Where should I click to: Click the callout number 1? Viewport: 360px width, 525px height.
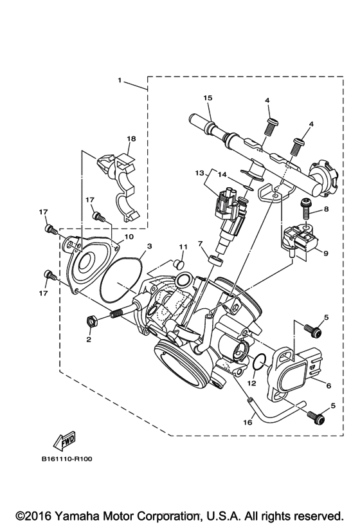pyautogui.click(x=119, y=81)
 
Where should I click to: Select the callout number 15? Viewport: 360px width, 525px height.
pyautogui.click(x=208, y=98)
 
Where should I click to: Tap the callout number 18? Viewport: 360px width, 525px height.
pyautogui.click(x=131, y=139)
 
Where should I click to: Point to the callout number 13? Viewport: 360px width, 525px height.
pyautogui.click(x=199, y=173)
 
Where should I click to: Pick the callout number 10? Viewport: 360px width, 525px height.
pyautogui.click(x=129, y=237)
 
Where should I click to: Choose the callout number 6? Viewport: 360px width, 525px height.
pyautogui.click(x=328, y=386)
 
